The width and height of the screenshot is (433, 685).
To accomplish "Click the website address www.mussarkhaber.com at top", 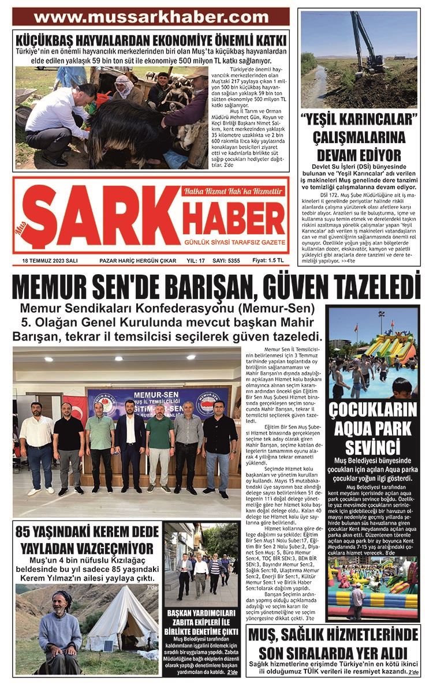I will [x=151, y=17].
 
